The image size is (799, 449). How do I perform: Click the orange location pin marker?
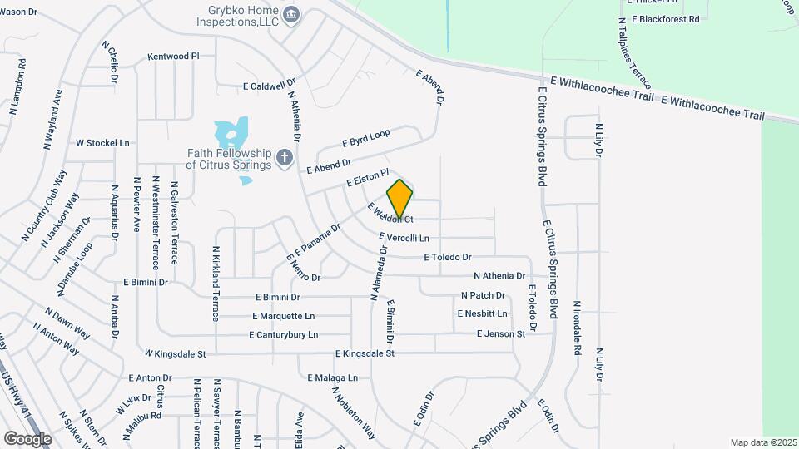point(399,200)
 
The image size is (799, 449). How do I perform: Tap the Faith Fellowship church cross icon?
point(285,158)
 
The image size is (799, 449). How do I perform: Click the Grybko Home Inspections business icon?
point(290,13)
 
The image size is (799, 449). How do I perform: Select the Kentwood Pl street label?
point(173,57)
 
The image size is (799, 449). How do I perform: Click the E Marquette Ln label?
point(284,316)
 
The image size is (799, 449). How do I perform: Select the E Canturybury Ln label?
point(283,334)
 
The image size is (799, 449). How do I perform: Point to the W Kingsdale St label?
point(174,353)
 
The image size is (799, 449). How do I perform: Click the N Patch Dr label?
point(483,295)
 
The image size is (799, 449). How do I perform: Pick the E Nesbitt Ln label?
point(481,313)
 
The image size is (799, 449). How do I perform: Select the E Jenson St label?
point(500,333)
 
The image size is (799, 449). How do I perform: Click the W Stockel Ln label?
point(102,143)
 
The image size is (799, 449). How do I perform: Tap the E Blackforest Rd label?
point(665,18)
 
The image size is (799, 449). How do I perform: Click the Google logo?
point(28,438)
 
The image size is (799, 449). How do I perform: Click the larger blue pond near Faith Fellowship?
point(231,133)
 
